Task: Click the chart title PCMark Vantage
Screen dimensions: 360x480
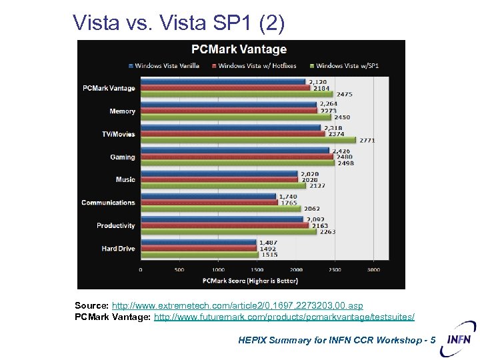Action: pyautogui.click(x=239, y=49)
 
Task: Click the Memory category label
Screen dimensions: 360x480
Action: pyautogui.click(x=123, y=111)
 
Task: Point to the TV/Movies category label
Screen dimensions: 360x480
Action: pyautogui.click(x=118, y=134)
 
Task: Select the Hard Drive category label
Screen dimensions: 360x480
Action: pyautogui.click(x=118, y=249)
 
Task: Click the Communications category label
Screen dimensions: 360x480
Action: pyautogui.click(x=108, y=203)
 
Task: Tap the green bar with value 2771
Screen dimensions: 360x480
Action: pyautogui.click(x=248, y=140)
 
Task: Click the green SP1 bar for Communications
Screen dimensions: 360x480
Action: pyautogui.click(x=221, y=209)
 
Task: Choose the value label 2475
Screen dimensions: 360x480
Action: pyautogui.click(x=344, y=95)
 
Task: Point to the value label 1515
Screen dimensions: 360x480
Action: pyautogui.click(x=269, y=255)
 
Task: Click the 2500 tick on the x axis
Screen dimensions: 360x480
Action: pyautogui.click(x=335, y=270)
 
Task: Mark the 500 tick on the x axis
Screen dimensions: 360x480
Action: pyautogui.click(x=179, y=270)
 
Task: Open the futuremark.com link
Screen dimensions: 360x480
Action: pyautogui.click(x=284, y=317)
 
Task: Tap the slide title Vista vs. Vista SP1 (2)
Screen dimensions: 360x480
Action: pyautogui.click(x=179, y=23)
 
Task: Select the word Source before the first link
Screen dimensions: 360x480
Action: pyautogui.click(x=91, y=305)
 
